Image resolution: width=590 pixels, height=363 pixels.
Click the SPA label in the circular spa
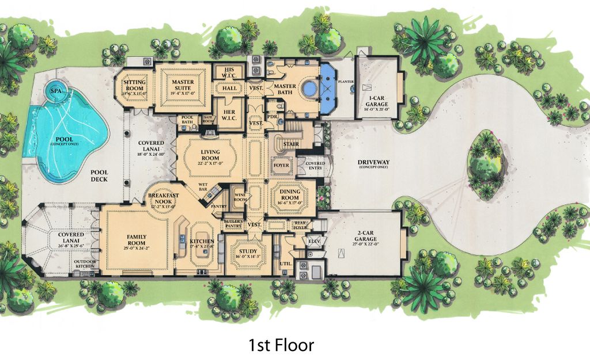point(56,91)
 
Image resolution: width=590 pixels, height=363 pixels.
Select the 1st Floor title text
point(281,345)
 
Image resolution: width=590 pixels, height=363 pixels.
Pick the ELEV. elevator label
point(315,240)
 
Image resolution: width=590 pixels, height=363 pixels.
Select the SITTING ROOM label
point(134,85)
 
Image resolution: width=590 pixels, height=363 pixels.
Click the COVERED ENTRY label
point(315,166)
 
